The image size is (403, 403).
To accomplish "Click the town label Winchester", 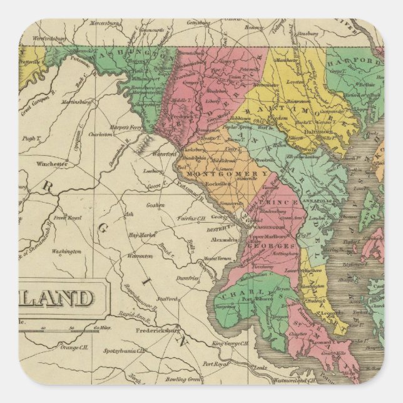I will (x=52, y=164).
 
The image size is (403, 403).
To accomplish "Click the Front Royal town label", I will (x=67, y=217).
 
